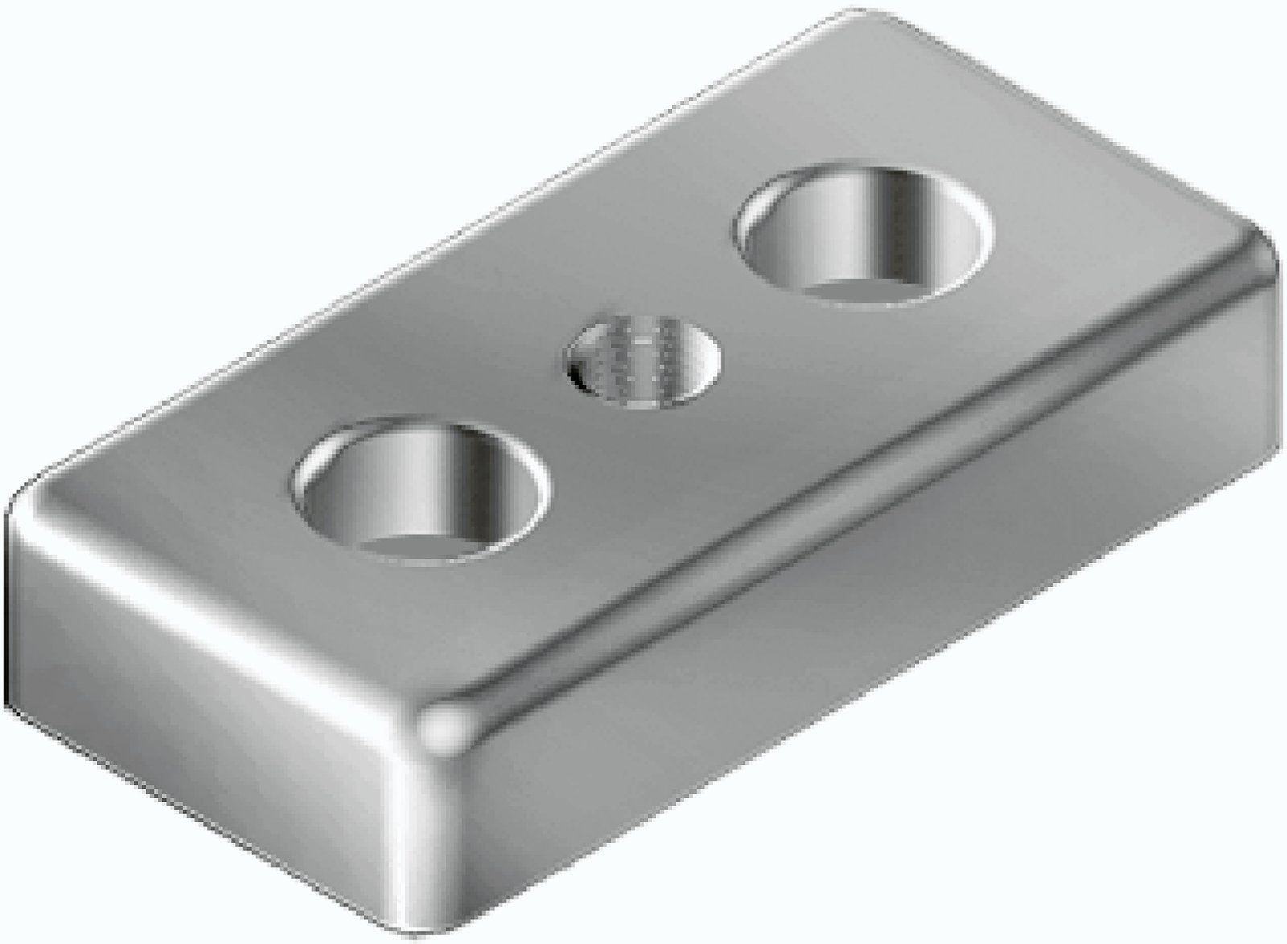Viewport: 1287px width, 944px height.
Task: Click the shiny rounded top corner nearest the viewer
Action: point(446,728)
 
